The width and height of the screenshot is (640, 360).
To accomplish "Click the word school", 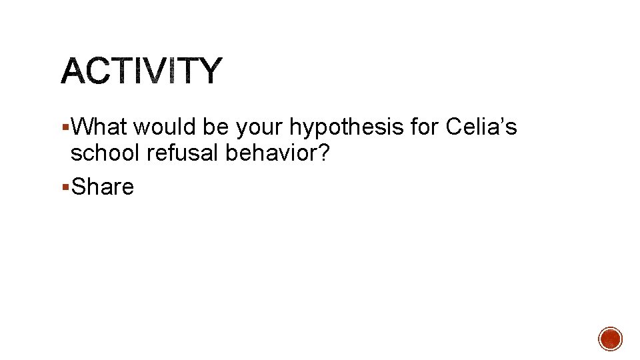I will [106, 153].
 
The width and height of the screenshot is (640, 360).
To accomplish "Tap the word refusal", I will [183, 153].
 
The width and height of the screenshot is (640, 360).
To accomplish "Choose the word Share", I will [103, 187].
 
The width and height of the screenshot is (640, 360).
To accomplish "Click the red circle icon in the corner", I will [610, 339].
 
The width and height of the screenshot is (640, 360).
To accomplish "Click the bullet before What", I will [64, 127].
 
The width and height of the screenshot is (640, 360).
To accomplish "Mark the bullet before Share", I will [64, 187].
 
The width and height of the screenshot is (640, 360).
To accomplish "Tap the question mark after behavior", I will [323, 153].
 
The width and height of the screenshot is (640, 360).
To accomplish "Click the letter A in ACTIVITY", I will [75, 71].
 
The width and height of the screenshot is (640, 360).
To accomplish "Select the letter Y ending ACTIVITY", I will [207, 71].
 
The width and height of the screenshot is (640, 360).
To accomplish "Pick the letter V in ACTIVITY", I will [158, 71].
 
